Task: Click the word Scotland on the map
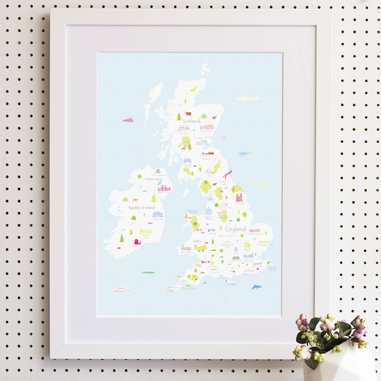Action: pyautogui.click(x=191, y=121)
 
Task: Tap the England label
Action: pyautogui.click(x=235, y=229)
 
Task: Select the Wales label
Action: pyautogui.click(x=197, y=240)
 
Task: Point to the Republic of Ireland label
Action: pyautogui.click(x=141, y=208)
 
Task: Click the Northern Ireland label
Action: pyautogui.click(x=153, y=179)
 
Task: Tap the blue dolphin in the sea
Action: pyautogui.click(x=257, y=287)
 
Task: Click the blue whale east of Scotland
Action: pyautogui.click(x=244, y=154)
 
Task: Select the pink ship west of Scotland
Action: pyautogui.click(x=128, y=120)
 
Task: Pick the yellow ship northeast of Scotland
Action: pyautogui.click(x=248, y=99)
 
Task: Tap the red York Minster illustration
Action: pyautogui.click(x=239, y=198)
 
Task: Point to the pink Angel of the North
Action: pyautogui.click(x=227, y=174)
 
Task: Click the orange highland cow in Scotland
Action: pyautogui.click(x=188, y=113)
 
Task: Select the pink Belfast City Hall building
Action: pyautogui.click(x=164, y=188)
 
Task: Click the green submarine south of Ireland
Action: pyautogui.click(x=148, y=272)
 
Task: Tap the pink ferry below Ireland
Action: pyautogui.click(x=123, y=290)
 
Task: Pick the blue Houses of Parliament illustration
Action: pyautogui.click(x=248, y=255)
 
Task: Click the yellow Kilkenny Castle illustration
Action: pyautogui.click(x=146, y=231)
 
